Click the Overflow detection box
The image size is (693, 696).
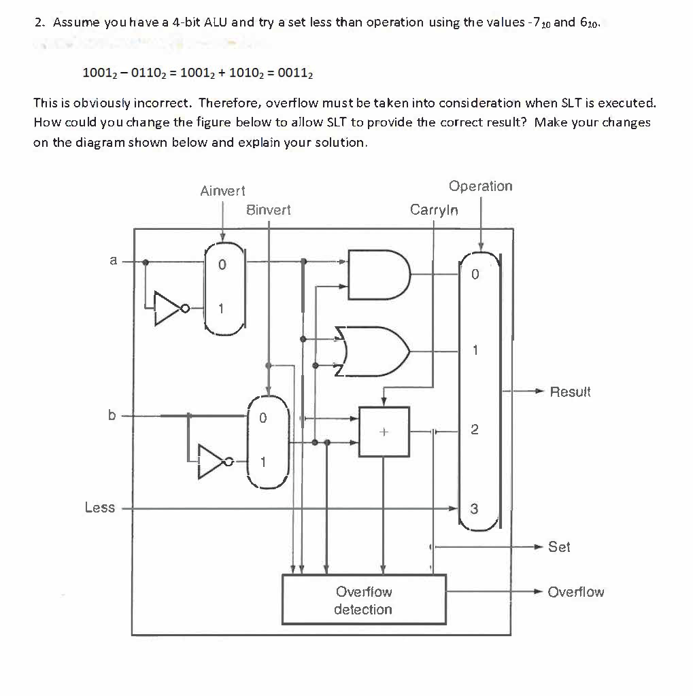coord(364,599)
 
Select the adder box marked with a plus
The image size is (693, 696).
coord(384,431)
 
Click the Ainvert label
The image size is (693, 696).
coord(223,192)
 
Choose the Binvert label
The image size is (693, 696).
coord(268,210)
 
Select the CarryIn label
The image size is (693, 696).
coord(434,210)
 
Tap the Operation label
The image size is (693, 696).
coord(481,186)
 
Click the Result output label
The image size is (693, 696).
coord(570,392)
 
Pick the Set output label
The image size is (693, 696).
coord(559,546)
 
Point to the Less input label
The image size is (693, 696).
coord(100,508)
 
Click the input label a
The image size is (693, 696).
coord(114,260)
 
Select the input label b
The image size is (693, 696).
coord(112,414)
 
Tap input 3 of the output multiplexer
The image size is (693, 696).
coord(475,508)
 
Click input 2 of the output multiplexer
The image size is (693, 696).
coord(475,430)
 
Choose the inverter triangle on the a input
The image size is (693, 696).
coord(167,308)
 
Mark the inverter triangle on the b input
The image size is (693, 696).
coord(213,462)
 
